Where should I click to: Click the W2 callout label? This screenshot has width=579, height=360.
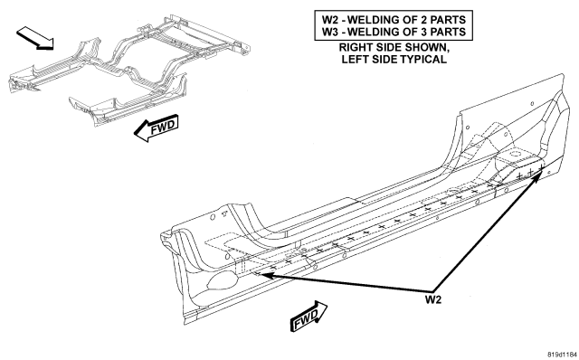(433, 299)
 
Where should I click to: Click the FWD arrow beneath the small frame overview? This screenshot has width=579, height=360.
(157, 128)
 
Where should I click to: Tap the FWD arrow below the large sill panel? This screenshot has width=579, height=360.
(309, 316)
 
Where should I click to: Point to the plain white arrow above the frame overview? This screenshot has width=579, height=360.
(35, 38)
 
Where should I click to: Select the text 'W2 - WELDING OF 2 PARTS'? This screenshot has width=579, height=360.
(394, 20)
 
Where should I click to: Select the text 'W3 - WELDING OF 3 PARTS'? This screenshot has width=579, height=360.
(394, 32)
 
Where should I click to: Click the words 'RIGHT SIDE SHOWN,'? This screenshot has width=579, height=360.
(394, 48)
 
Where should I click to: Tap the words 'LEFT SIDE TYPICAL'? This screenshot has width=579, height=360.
(394, 59)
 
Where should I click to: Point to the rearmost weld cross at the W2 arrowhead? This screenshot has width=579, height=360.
(541, 168)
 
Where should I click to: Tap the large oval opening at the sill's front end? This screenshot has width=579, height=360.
(221, 280)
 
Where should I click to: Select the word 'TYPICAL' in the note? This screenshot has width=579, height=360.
(424, 59)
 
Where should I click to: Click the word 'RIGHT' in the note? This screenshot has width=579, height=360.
(356, 48)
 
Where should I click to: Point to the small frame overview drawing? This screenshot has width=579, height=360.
(129, 71)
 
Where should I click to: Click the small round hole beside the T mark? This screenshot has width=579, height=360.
(213, 217)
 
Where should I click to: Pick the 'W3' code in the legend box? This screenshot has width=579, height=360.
(329, 32)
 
